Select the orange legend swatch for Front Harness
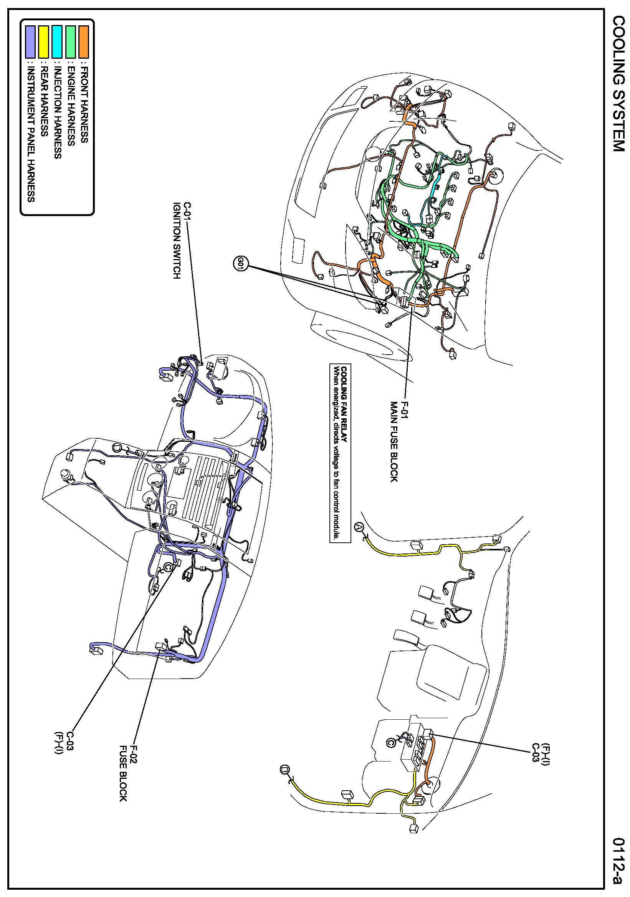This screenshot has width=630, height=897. pos(84,42)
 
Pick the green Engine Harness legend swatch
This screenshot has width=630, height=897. pos(71,42)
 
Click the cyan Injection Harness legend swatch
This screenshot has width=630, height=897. pos(57,42)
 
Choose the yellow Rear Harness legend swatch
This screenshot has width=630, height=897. pos(44,42)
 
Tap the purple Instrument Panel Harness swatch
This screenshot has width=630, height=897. pos(30,42)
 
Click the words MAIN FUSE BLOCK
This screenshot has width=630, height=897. pos(394,441)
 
